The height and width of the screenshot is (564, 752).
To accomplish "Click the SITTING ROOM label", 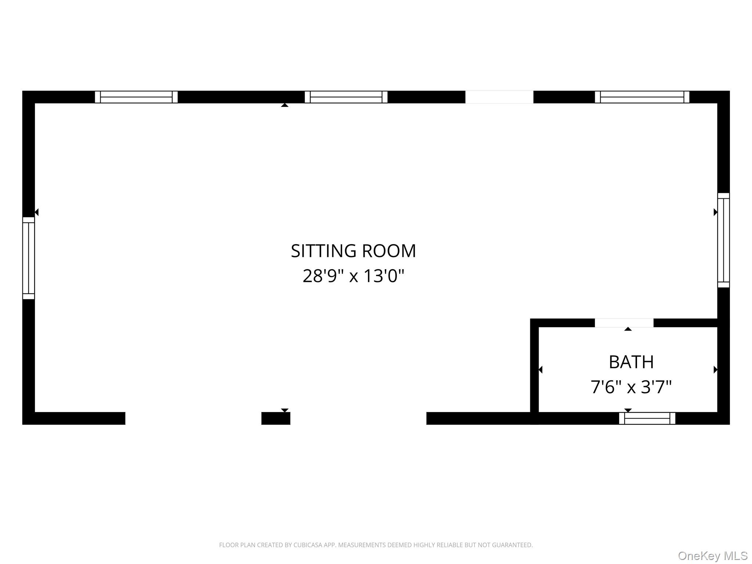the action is [x=353, y=251].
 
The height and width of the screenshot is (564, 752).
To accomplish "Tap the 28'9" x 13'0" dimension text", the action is [x=353, y=276].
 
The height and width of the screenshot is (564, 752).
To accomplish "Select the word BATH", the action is [x=631, y=362].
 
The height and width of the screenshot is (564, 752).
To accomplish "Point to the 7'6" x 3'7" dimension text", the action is [x=631, y=387].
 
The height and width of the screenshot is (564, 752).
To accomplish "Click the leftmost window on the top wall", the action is [x=136, y=97].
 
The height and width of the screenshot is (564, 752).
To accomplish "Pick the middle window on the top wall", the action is [x=346, y=97].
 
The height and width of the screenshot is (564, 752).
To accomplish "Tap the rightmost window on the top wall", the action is [x=642, y=97].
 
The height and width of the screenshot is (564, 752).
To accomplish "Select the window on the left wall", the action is [x=29, y=258].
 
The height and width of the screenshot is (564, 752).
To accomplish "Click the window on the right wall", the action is [x=723, y=240].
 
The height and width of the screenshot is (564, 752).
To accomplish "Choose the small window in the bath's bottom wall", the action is [x=647, y=418].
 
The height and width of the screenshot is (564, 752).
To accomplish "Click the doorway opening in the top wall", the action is [x=499, y=97].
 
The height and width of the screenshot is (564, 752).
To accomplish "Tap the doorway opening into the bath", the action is [x=624, y=323].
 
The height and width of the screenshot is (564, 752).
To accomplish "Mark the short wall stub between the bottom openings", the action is [x=276, y=418].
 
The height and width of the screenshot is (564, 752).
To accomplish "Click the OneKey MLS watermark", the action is [x=713, y=556].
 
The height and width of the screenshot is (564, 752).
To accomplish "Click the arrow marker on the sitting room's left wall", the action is [x=36, y=212].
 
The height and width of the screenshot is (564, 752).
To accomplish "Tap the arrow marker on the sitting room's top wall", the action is [x=285, y=105].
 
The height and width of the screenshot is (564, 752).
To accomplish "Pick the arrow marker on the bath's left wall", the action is [x=540, y=369].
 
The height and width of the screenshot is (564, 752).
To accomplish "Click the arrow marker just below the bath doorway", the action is [x=628, y=329].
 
